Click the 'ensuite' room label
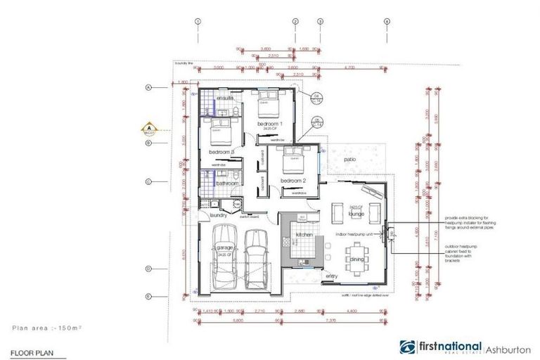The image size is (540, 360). click(x=225, y=98)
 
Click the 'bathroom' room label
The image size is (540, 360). click(x=228, y=184)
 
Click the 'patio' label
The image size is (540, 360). click(x=349, y=160)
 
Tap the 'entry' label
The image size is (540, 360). click(x=332, y=276)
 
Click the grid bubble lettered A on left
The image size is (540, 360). click(x=149, y=88)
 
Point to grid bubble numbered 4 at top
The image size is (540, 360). click(x=386, y=22)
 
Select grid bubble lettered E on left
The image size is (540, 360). click(x=149, y=296)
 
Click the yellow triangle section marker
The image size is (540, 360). click(x=149, y=129)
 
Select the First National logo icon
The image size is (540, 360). click(x=407, y=348)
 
